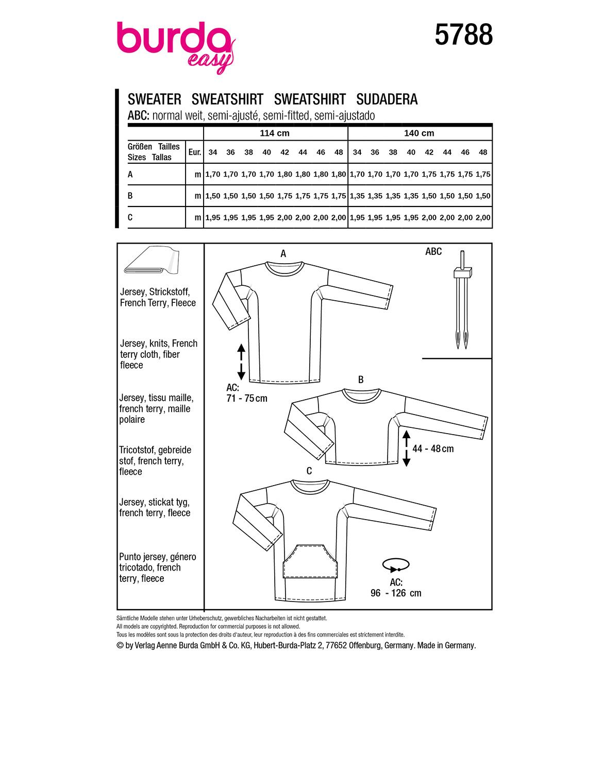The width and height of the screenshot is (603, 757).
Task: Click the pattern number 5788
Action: point(463,36)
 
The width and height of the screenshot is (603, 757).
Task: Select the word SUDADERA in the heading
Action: point(387,99)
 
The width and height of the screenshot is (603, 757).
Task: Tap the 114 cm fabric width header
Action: point(275,133)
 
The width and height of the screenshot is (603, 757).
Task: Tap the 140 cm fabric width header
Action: point(419,133)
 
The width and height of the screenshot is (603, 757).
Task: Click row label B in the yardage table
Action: point(130,196)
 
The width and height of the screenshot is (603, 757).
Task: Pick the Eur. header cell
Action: point(194,152)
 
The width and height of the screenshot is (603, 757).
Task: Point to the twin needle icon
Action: point(461,304)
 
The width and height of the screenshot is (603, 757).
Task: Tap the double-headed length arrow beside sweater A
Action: point(241,363)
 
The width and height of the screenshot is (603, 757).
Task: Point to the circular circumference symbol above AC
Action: point(396,565)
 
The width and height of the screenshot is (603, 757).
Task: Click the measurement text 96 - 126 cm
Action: point(396,593)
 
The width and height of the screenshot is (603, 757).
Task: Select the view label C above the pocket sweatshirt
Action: point(309,471)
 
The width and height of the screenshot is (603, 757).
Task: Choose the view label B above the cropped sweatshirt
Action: point(361,380)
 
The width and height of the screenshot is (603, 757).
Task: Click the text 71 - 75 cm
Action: point(247,398)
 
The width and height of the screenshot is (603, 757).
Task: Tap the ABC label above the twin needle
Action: point(433,251)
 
